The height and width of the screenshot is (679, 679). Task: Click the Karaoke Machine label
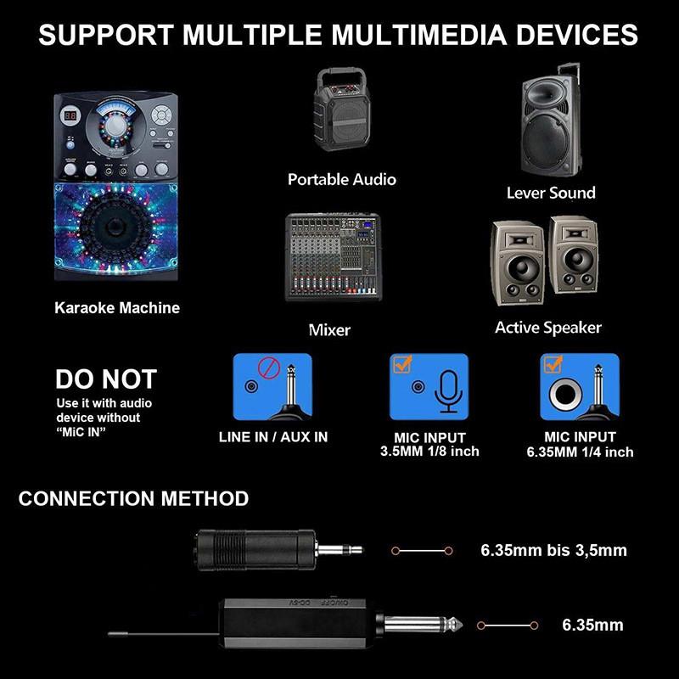point(117,308)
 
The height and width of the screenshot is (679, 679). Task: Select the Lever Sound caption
point(551,193)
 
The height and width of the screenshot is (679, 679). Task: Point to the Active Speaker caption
point(547,328)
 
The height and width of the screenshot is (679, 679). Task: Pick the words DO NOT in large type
point(106,379)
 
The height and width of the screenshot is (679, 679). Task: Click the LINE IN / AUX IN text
point(272,437)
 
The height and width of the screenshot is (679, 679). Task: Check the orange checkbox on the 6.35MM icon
point(553,365)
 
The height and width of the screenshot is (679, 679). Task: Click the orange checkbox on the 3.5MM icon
point(401,365)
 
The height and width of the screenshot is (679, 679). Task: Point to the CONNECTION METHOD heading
point(133,498)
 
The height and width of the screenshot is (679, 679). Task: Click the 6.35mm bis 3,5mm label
point(553,550)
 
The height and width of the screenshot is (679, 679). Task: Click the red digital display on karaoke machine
point(73,116)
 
